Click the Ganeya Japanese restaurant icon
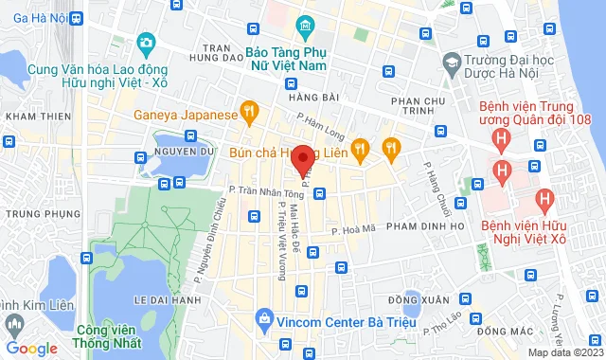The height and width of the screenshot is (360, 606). (249, 115)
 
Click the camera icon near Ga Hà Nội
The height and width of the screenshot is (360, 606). (146, 43)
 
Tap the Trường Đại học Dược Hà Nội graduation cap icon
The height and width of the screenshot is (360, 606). (451, 63)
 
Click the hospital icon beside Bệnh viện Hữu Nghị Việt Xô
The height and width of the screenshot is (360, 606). (544, 200)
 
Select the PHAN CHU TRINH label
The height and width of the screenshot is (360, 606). (414, 108)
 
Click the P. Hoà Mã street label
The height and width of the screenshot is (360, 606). (354, 228)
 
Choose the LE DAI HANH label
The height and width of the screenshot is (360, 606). (167, 299)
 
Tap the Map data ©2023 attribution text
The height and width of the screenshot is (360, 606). (564, 352)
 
